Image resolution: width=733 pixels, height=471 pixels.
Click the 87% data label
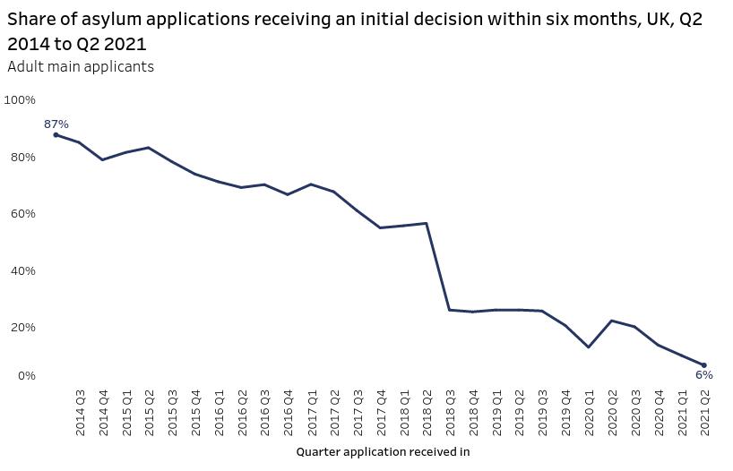pos(56,124)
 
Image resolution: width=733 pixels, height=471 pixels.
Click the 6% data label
pos(704,375)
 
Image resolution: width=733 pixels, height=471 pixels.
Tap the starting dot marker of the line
pos(56,135)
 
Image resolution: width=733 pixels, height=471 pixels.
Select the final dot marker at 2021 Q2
pos(704,365)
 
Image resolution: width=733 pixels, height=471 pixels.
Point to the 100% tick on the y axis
pos(20,99)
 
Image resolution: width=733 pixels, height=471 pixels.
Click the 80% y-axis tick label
pos(22,158)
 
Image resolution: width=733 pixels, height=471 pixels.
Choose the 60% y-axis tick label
pos(22,214)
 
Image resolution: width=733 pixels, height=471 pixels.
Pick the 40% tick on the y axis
pos(22,271)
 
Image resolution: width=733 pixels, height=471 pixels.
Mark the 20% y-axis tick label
pos(22,328)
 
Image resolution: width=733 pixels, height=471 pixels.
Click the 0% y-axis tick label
pos(25,376)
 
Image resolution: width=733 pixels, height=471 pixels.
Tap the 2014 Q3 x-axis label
pos(80,414)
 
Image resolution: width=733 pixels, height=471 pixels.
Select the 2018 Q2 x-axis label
pos(427,414)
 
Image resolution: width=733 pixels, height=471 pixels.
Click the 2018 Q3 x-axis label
pos(450,414)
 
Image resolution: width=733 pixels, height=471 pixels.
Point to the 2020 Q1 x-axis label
pos(589,414)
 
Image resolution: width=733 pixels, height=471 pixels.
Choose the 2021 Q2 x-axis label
pos(704,414)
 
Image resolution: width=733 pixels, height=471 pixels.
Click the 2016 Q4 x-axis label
pos(288,414)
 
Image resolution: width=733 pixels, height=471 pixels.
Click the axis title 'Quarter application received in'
pos(383,452)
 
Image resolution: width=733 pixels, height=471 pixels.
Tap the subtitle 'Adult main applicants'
pos(81,67)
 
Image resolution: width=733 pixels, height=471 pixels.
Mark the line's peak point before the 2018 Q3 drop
pos(427,223)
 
